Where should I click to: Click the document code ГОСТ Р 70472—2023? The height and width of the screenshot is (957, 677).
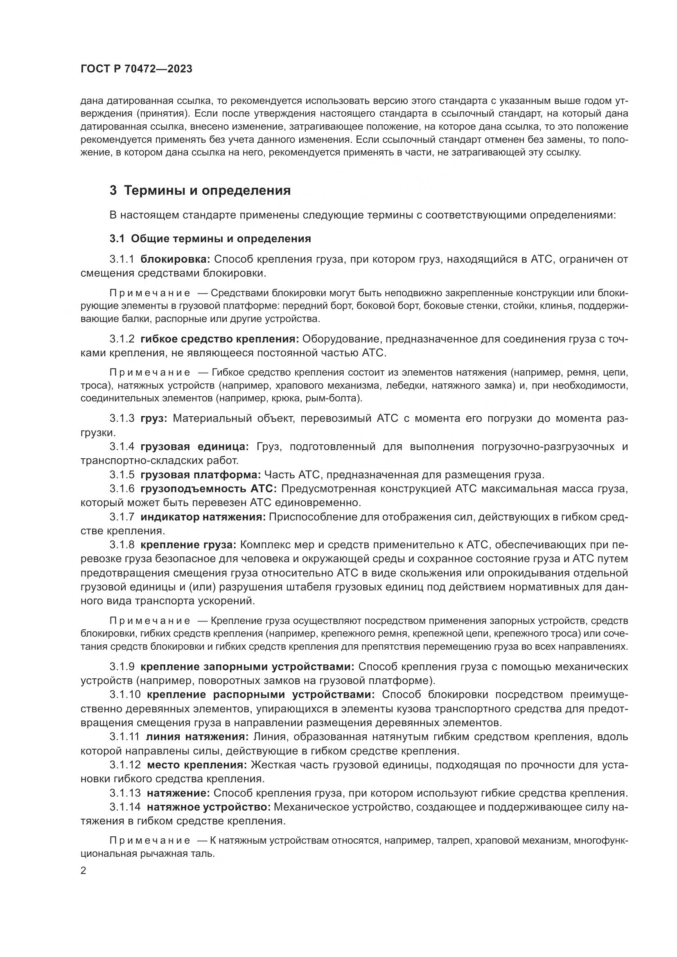click(136, 69)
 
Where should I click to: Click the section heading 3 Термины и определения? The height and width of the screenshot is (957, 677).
click(200, 191)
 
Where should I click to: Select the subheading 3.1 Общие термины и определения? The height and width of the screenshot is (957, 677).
click(210, 239)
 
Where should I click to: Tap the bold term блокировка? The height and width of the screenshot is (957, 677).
click(176, 259)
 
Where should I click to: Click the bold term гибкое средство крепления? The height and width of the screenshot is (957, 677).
click(220, 339)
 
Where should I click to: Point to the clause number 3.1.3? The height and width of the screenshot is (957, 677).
click(122, 418)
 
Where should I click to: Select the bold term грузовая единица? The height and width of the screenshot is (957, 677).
click(195, 447)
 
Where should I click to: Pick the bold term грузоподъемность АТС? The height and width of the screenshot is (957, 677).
click(209, 489)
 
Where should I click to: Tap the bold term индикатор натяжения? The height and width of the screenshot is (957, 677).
click(203, 517)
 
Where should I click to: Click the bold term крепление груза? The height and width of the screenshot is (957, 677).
click(188, 545)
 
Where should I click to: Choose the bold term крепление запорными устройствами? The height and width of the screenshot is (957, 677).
click(247, 667)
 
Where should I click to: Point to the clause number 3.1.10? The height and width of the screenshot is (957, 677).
click(125, 695)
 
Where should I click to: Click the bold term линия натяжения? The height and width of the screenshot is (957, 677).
click(197, 737)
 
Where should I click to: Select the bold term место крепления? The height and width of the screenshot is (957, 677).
click(197, 765)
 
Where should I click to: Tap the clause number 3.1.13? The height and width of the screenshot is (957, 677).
click(125, 793)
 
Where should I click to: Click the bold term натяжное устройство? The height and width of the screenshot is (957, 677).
click(209, 807)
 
